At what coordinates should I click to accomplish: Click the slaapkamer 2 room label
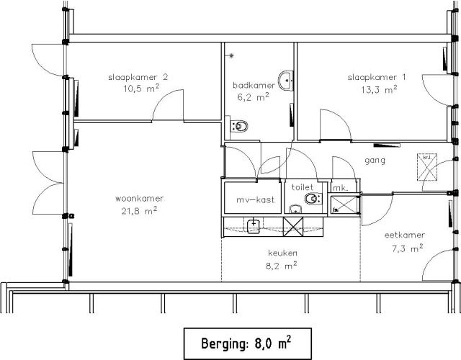coord(138,77)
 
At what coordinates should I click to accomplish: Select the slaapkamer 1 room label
coord(372,78)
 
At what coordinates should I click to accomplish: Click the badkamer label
coord(254,84)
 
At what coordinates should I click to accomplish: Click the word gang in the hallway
coord(375,161)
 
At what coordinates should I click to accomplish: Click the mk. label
coord(341,188)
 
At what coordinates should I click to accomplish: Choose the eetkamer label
coord(404,235)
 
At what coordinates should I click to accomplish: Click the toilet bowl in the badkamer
coord(241,127)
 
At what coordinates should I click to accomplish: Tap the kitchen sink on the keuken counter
coord(254,227)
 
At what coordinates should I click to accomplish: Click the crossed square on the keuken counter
coord(295,226)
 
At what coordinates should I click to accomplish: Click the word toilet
coord(302,186)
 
